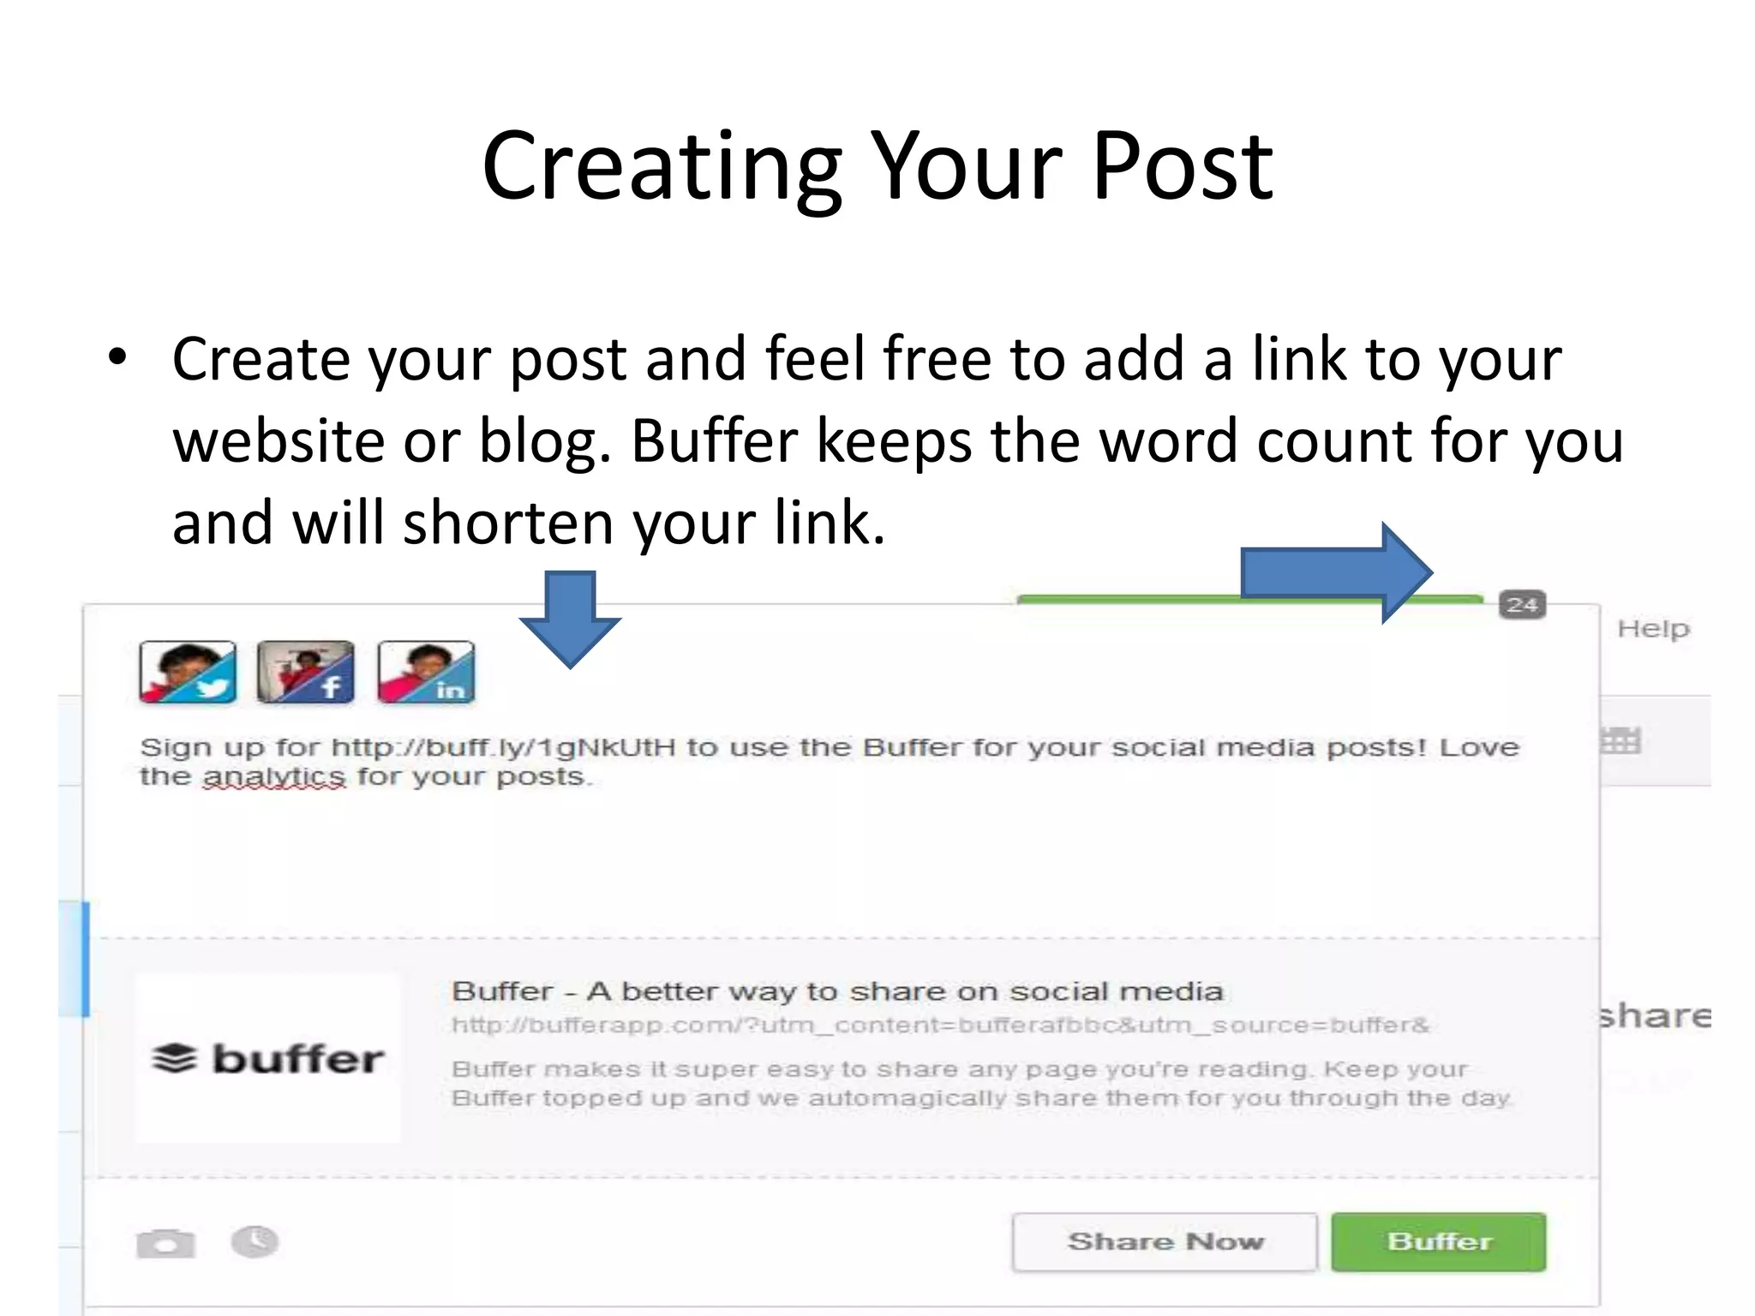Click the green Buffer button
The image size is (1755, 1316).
point(1438,1241)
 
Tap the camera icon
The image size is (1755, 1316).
point(165,1243)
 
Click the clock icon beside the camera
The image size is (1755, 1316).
point(255,1241)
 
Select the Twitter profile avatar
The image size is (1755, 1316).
point(188,672)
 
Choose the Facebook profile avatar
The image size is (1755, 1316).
point(306,672)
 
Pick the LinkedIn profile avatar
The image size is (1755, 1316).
point(426,672)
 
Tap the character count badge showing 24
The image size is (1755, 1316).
point(1522,605)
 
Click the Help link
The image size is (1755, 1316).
point(1653,629)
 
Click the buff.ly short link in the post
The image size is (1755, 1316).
point(504,747)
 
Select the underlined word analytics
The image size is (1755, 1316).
point(274,777)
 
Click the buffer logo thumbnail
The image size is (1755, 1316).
point(268,1059)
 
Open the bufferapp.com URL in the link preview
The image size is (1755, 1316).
point(940,1026)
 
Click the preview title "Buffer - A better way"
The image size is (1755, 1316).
point(836,991)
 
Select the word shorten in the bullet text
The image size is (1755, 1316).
point(508,523)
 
